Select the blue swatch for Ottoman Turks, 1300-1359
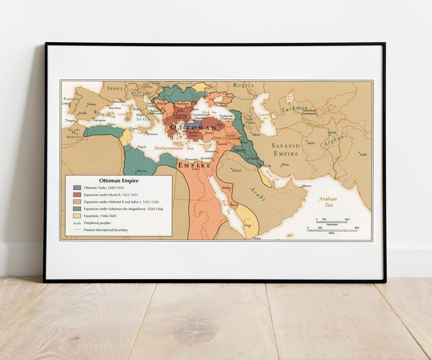tap(77, 188)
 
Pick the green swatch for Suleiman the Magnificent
tap(77, 209)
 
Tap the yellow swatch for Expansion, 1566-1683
tap(77, 216)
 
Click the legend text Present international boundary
tap(106, 230)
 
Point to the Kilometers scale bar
tap(332, 222)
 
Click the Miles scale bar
tap(332, 230)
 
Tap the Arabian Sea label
tap(328, 202)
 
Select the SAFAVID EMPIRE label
tap(285, 150)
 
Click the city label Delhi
tap(363, 154)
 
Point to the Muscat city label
tap(306, 186)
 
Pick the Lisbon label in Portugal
tap(67, 103)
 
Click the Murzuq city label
tap(141, 171)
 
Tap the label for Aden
tap(257, 238)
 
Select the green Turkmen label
tap(294, 109)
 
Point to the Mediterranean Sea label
tap(174, 148)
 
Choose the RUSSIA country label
tap(243, 85)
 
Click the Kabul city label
tap(332, 132)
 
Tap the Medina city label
tap(226, 188)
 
